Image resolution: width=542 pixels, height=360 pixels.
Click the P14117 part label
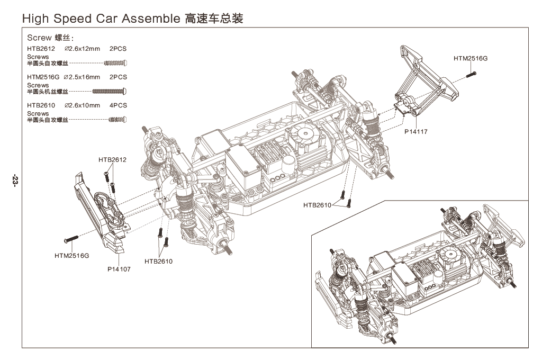[415, 131]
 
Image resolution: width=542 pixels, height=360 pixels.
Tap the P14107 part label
[119, 269]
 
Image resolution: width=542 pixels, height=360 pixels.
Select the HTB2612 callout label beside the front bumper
[112, 159]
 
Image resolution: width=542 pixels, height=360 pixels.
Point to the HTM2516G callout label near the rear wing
[471, 58]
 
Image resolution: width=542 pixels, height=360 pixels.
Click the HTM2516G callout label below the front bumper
[72, 256]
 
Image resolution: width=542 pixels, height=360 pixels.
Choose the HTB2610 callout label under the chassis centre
[317, 204]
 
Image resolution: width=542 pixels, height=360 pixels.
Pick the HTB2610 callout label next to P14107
[158, 261]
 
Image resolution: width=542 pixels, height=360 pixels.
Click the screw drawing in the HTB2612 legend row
[116, 62]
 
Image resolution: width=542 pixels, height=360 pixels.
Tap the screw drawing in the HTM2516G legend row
[110, 91]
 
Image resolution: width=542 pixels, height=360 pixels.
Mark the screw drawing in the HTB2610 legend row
[117, 120]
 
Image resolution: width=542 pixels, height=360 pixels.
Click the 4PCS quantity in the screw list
[118, 105]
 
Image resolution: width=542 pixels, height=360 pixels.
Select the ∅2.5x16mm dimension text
[82, 77]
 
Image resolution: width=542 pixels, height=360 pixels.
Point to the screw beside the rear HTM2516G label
[470, 75]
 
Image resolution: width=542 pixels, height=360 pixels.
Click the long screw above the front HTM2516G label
[71, 239]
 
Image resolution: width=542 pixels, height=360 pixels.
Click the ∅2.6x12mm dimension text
[82, 48]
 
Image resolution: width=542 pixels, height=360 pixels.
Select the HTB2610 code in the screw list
[41, 105]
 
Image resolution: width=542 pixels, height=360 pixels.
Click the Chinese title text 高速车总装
[214, 19]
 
